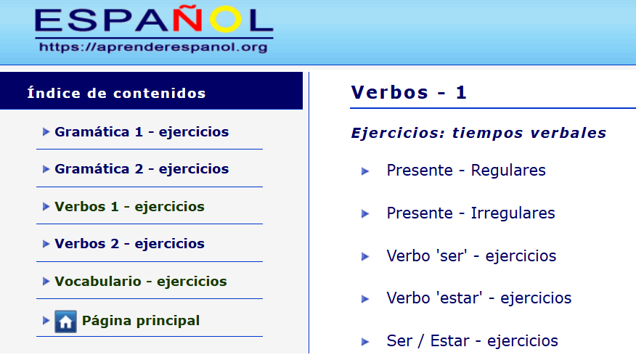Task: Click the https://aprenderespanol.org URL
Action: pyautogui.click(x=153, y=48)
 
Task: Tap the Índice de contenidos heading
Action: pyautogui.click(x=116, y=93)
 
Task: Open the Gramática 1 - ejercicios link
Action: pyautogui.click(x=142, y=132)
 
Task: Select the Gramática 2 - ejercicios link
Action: pyautogui.click(x=142, y=169)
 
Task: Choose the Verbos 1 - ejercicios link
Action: pyautogui.click(x=129, y=207)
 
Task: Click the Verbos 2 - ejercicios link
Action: pyautogui.click(x=129, y=244)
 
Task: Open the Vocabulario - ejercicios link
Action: pyautogui.click(x=140, y=282)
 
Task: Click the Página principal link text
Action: pyautogui.click(x=141, y=320)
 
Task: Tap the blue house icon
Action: pyautogui.click(x=65, y=322)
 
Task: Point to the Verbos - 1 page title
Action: pyautogui.click(x=409, y=93)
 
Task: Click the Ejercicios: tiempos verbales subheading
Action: pyautogui.click(x=478, y=134)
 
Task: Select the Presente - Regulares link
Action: pyautogui.click(x=466, y=171)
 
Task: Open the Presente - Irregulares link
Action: pyautogui.click(x=470, y=213)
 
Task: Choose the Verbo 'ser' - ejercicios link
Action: pyautogui.click(x=471, y=256)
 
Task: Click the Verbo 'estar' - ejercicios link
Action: pyautogui.click(x=478, y=298)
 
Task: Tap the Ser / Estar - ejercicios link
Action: pyautogui.click(x=472, y=341)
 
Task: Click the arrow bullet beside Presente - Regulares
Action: pyautogui.click(x=365, y=171)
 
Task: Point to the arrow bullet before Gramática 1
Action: pyautogui.click(x=46, y=132)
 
